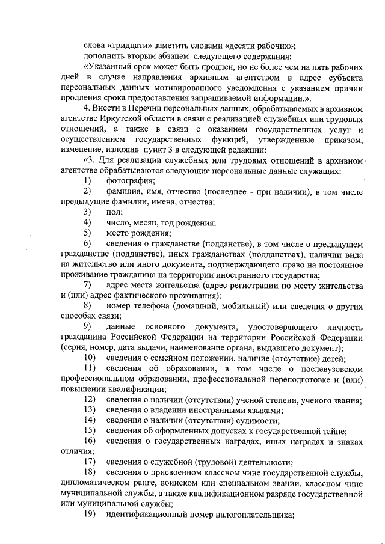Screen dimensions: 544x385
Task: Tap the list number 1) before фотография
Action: [88, 181]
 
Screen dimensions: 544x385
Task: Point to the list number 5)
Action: [88, 233]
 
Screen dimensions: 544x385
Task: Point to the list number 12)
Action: [90, 400]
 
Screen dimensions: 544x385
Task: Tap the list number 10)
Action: [90, 358]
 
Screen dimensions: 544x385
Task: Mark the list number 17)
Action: [90, 462]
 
